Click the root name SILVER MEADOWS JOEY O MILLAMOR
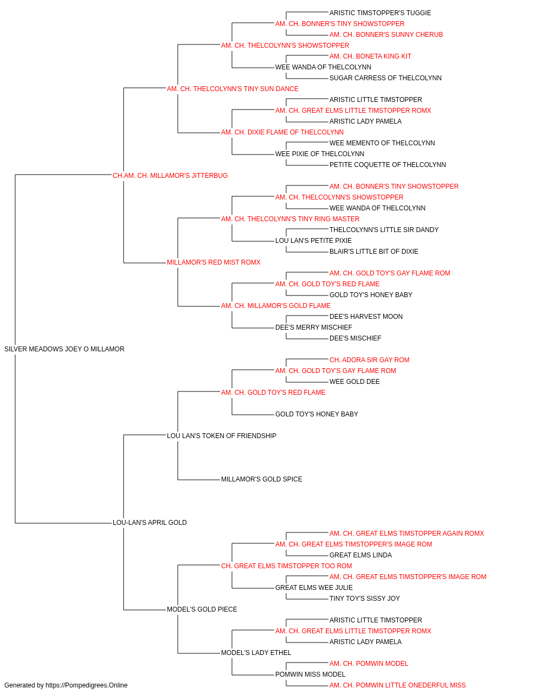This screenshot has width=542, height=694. tap(64, 349)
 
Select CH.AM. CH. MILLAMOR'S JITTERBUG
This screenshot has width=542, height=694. tap(170, 176)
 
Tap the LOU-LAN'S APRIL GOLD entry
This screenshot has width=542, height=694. tap(150, 523)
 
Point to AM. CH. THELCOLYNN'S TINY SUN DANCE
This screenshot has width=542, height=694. tap(233, 89)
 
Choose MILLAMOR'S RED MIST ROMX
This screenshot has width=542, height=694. tap(214, 262)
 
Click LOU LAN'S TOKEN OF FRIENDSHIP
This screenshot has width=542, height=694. tap(222, 435)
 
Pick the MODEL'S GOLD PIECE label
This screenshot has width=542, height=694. tap(202, 609)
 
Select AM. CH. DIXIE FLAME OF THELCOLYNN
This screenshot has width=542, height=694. tap(282, 132)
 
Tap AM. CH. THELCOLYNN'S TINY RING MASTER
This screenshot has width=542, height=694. tap(290, 219)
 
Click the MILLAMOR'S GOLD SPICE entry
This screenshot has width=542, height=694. tap(262, 479)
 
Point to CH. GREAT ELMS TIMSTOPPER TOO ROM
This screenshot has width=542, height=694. tap(287, 566)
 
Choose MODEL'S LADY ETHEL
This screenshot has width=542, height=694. tap(256, 653)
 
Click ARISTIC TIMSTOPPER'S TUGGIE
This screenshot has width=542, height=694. tap(380, 13)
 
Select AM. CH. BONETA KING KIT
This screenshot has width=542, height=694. tap(370, 56)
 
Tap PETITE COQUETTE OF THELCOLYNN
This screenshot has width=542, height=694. tap(388, 165)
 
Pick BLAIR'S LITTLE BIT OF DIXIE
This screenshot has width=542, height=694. tap(374, 252)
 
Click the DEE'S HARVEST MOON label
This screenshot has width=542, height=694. tap(366, 317)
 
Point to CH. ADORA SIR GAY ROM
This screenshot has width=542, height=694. tap(369, 360)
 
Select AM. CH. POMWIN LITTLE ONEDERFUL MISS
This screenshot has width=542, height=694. tap(397, 685)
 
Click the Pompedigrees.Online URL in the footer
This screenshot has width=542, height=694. tap(87, 685)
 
